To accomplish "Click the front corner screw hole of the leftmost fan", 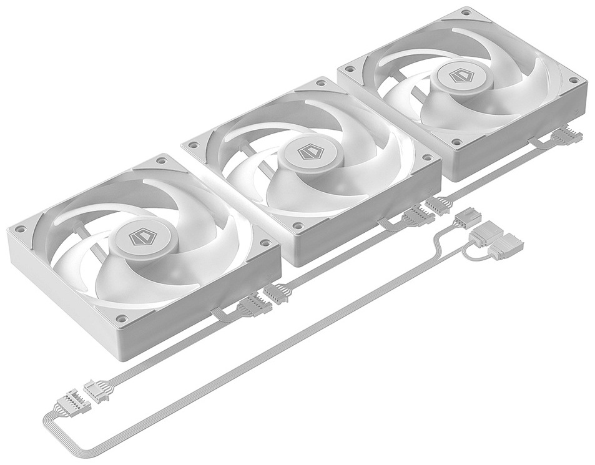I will click(122, 318).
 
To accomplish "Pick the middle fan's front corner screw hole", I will click(298, 225).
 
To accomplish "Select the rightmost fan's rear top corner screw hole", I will click(465, 14).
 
